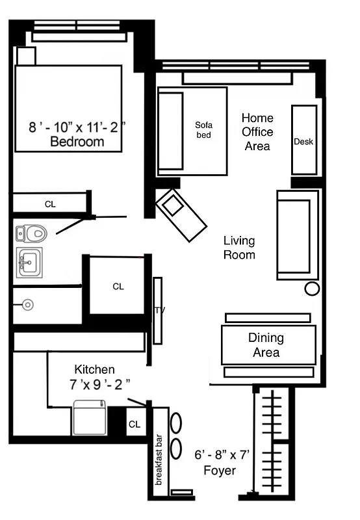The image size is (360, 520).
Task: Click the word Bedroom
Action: pyautogui.click(x=77, y=142)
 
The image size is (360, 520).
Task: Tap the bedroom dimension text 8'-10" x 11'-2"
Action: pyautogui.click(x=77, y=127)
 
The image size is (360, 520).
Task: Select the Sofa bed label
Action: pyautogui.click(x=204, y=130)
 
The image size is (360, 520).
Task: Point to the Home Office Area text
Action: pyautogui.click(x=257, y=132)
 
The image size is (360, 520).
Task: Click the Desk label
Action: pyautogui.click(x=303, y=142)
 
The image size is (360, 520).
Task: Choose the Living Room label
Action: pyautogui.click(x=239, y=248)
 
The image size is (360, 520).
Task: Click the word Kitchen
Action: pyautogui.click(x=94, y=369)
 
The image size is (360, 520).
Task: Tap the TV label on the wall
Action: pyautogui.click(x=157, y=311)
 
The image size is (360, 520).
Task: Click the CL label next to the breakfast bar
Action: pyautogui.click(x=135, y=424)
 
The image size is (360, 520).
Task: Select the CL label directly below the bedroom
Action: pyautogui.click(x=50, y=204)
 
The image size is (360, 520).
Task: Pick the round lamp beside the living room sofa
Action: pyautogui.click(x=312, y=289)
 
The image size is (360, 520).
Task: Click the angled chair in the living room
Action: pyautogui.click(x=181, y=215)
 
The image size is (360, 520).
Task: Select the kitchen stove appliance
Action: pyautogui.click(x=89, y=417)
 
